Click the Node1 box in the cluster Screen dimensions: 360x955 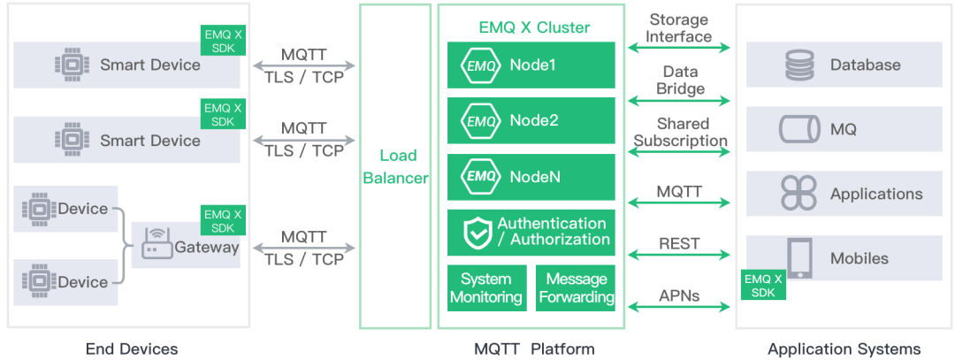click(x=531, y=65)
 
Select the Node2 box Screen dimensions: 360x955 click(x=531, y=121)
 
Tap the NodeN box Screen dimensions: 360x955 click(x=531, y=177)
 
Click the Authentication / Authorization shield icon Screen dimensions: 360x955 click(x=477, y=233)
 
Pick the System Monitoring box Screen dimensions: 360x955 click(x=485, y=288)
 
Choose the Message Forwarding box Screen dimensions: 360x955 click(x=576, y=288)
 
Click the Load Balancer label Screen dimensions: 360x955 click(x=394, y=166)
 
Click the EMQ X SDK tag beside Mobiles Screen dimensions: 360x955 click(x=764, y=285)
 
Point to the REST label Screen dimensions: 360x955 click(x=679, y=243)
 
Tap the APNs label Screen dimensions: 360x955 click(x=679, y=296)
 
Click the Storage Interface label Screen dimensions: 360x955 click(x=679, y=28)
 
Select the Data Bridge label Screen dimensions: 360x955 click(x=679, y=80)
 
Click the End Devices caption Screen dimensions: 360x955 click(x=132, y=349)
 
